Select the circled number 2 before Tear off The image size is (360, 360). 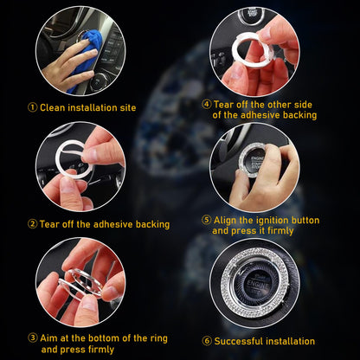tap(32, 224)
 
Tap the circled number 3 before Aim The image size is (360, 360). tap(32, 337)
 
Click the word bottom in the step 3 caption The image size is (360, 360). tap(102, 337)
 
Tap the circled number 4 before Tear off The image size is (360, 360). tap(206, 103)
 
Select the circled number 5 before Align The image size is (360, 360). tap(206, 219)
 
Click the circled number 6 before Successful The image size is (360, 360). tap(206, 341)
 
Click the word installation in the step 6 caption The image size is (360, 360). tap(290, 341)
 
